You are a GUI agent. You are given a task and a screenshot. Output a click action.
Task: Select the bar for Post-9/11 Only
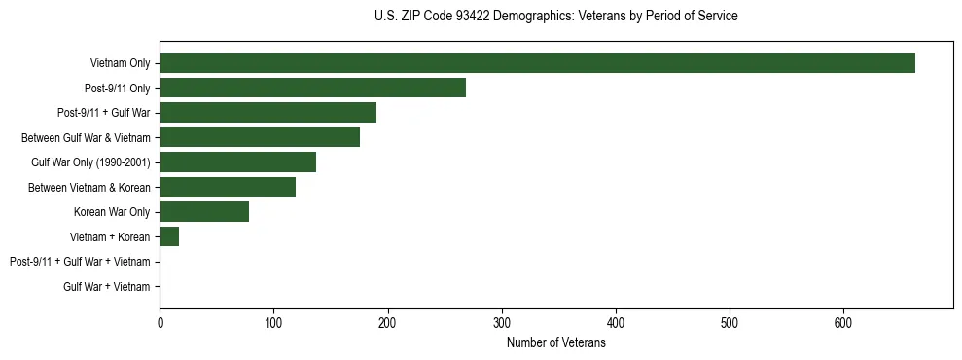point(312,88)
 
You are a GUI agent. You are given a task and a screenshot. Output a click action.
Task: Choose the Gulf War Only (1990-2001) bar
point(237,162)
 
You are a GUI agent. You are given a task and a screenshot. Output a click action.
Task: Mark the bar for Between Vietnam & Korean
point(228,187)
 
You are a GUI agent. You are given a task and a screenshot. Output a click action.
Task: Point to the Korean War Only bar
point(204,212)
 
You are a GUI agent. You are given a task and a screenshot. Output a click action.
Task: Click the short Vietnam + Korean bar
point(169,236)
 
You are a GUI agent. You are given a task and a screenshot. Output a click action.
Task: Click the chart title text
point(555,17)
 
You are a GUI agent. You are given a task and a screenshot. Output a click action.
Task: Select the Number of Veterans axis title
point(555,343)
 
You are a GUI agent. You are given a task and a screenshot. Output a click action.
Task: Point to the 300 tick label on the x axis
point(502,323)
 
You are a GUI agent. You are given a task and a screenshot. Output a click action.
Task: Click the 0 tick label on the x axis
point(160,323)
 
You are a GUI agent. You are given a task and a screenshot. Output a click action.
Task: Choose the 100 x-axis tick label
point(273,323)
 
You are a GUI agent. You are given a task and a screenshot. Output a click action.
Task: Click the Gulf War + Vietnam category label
point(107,287)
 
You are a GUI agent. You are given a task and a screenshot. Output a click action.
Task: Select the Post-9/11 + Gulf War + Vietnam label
point(80,262)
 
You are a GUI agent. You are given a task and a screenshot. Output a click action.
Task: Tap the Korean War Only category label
point(112,212)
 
